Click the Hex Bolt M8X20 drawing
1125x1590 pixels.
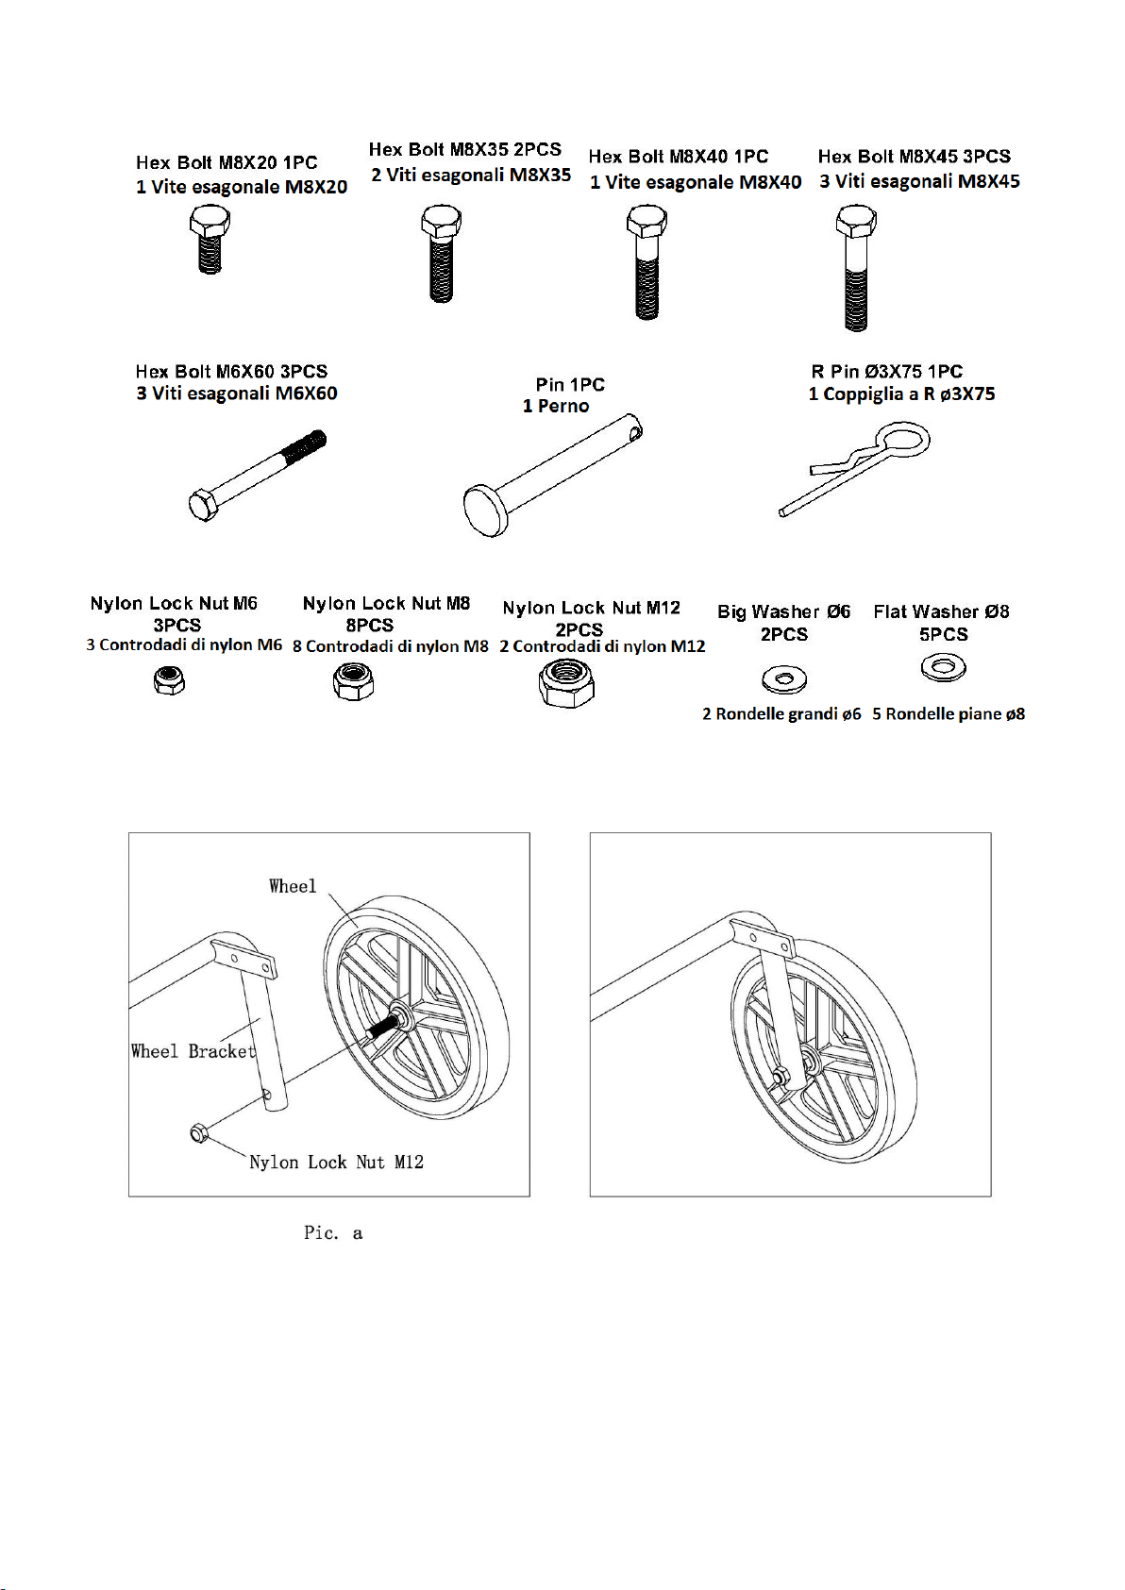209,240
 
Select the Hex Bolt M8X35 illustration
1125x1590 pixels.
440,253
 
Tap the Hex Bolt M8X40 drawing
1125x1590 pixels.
646,262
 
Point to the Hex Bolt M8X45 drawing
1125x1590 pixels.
856,268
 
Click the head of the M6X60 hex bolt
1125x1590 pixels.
203,504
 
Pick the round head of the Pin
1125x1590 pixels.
486,510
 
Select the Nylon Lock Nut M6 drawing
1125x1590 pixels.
169,680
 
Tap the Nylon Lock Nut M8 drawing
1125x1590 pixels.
354,680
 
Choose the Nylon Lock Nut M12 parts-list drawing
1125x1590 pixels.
566,682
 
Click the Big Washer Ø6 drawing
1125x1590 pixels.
784,678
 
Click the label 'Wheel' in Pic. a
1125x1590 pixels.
293,886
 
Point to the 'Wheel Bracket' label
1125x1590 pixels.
193,1051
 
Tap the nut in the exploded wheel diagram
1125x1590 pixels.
199,1132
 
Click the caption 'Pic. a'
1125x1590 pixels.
333,1232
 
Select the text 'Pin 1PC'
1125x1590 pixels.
570,384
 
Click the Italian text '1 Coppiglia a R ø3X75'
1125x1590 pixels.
901,394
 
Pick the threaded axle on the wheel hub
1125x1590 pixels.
381,1027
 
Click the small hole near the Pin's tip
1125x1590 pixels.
637,435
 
